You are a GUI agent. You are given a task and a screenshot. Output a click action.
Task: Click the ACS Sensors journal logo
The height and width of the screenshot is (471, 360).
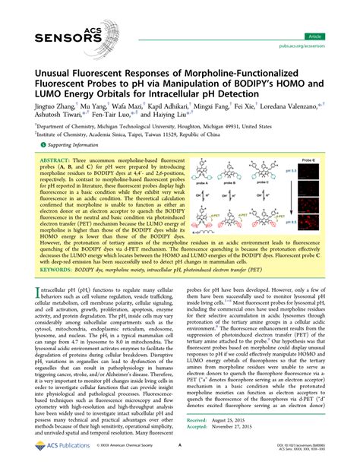pos(49,27)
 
